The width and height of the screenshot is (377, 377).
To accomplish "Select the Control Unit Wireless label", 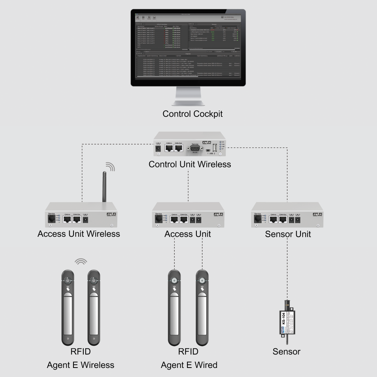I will (x=190, y=164).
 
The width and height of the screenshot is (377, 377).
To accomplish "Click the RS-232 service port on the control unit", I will (x=195, y=149).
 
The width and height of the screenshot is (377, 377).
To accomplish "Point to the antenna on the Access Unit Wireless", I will (x=104, y=187).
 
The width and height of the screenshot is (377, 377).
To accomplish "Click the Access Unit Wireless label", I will (x=79, y=234).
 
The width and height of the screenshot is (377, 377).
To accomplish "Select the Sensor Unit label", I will (x=288, y=234).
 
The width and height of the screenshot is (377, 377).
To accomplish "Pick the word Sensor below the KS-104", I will (x=287, y=352).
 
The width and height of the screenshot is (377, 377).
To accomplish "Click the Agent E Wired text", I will (x=189, y=365).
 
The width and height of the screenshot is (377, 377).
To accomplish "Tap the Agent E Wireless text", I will (x=80, y=365).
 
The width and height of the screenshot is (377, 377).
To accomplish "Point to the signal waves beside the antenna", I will (x=110, y=166).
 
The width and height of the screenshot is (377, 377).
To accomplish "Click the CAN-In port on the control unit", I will (x=170, y=149).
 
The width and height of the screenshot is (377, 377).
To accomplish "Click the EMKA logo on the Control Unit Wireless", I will (x=207, y=142).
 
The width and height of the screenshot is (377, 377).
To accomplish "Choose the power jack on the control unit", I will (x=158, y=149).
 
